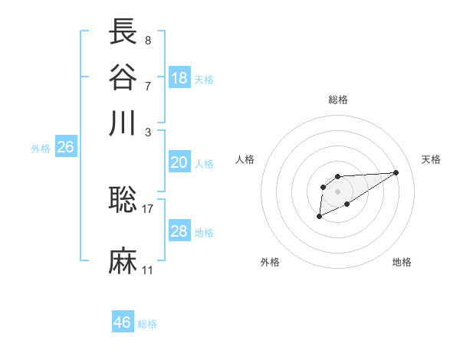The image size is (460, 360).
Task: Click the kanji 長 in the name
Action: pos(123,31)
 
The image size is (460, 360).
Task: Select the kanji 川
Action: pos(123,123)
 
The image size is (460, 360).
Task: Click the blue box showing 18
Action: pos(179,78)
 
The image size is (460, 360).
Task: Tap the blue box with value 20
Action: pos(179,163)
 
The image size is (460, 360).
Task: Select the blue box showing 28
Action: pos(179,232)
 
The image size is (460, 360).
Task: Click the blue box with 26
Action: pos(65,148)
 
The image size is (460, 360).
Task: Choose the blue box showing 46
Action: pos(123,322)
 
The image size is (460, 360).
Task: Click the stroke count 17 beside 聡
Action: pos(148,208)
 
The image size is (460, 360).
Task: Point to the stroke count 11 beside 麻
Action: pos(147,270)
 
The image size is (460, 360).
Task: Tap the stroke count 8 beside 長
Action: pos(147,39)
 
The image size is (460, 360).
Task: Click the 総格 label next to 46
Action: pos(147,324)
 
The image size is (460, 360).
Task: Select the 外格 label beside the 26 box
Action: pos(41,149)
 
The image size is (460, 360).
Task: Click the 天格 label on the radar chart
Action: pos(431,159)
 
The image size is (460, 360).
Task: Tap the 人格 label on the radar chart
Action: pos(245,159)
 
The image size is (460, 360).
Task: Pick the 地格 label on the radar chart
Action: pos(402,262)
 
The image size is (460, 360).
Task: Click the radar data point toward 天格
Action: pos(396,172)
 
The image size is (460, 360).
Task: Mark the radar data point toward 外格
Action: pos(319,218)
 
